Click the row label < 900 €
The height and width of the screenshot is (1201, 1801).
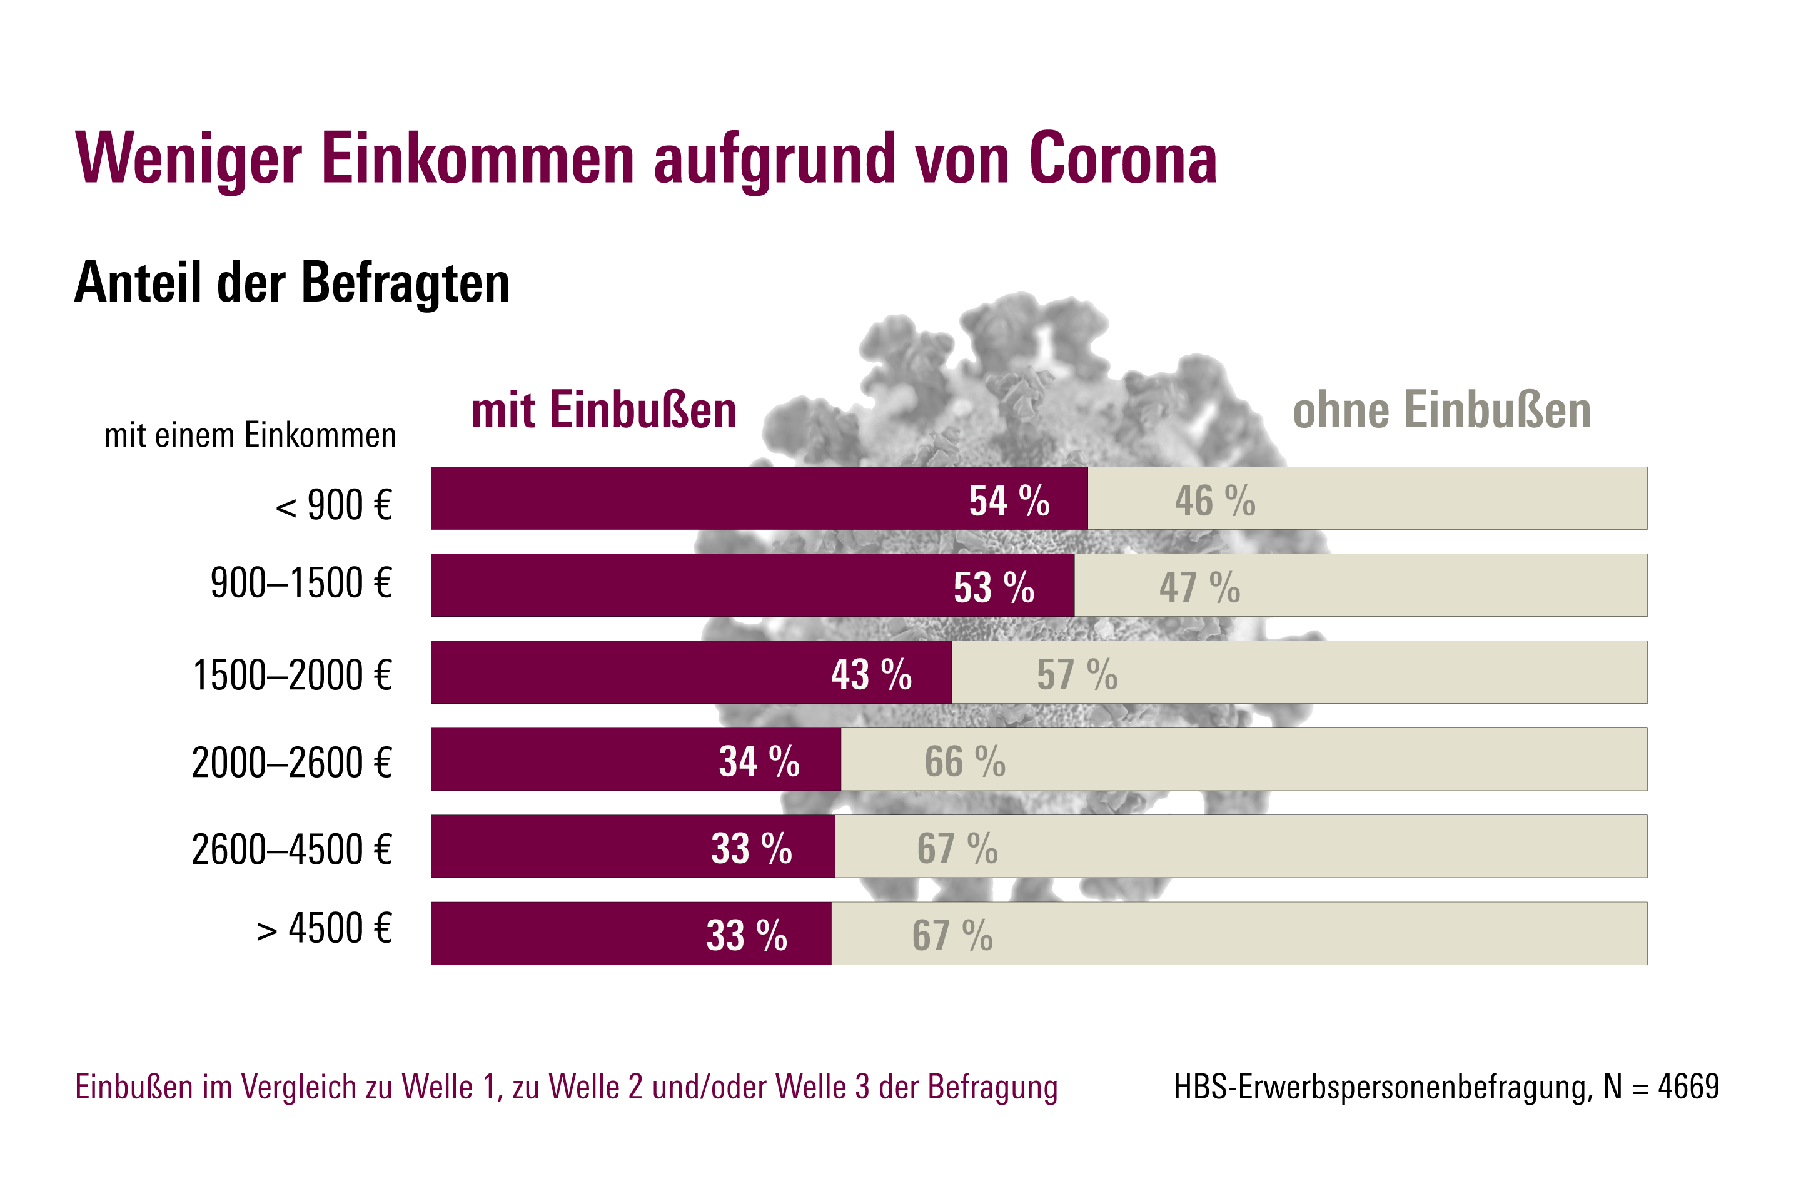click(334, 505)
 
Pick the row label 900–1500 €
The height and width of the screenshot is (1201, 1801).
click(301, 584)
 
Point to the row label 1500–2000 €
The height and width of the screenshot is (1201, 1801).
click(293, 676)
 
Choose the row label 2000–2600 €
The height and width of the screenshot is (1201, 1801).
click(292, 763)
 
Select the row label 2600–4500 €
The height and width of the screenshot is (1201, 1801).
click(292, 849)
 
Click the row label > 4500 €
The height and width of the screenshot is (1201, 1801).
click(325, 929)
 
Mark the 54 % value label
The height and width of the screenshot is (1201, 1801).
click(1009, 501)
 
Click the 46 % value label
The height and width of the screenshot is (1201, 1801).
click(1214, 501)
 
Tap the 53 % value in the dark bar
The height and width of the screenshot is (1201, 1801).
click(993, 588)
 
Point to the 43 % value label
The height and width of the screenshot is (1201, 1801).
click(871, 675)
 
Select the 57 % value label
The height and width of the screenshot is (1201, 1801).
click(1077, 675)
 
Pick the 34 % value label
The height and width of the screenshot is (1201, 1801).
click(759, 762)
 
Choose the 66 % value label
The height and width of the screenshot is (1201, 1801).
click(964, 762)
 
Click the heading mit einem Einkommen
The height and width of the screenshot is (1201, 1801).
click(250, 436)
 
